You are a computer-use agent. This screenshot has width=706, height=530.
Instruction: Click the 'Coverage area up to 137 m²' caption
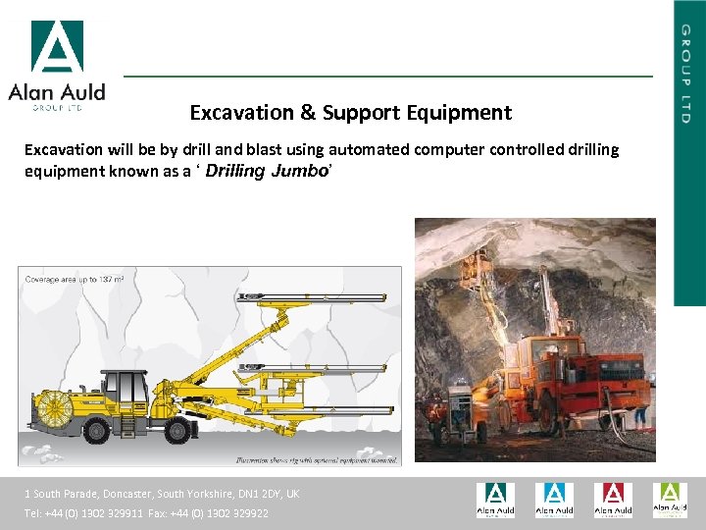(75, 280)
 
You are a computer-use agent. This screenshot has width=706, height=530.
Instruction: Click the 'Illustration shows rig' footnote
(316, 458)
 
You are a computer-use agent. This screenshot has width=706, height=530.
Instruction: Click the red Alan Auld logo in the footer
(613, 500)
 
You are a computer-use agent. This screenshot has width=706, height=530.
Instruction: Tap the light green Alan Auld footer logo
(671, 500)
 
